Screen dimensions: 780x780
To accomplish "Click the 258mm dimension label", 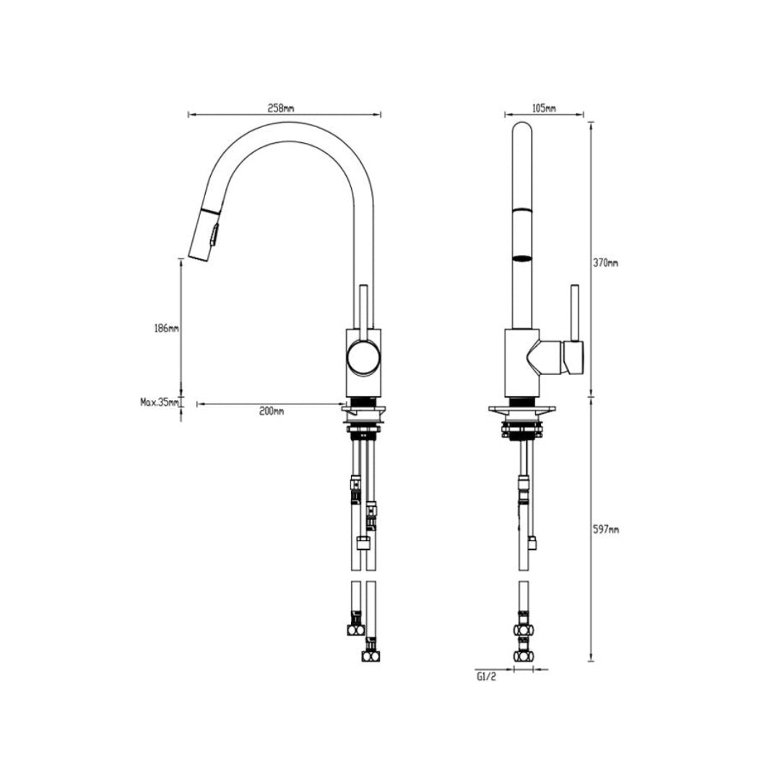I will click(x=281, y=108).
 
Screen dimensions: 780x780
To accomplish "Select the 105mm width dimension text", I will click(x=543, y=108).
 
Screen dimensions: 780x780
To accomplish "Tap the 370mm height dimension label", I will click(x=606, y=263).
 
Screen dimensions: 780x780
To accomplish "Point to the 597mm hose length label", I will click(x=606, y=530).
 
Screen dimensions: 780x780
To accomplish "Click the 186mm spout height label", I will click(x=166, y=329).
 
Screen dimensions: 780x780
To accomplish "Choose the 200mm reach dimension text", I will click(x=272, y=411).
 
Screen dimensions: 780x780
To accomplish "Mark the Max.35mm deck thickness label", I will click(x=159, y=402).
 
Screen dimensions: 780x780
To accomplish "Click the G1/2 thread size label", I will click(x=485, y=677).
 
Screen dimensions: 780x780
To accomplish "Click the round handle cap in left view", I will click(x=363, y=357).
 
